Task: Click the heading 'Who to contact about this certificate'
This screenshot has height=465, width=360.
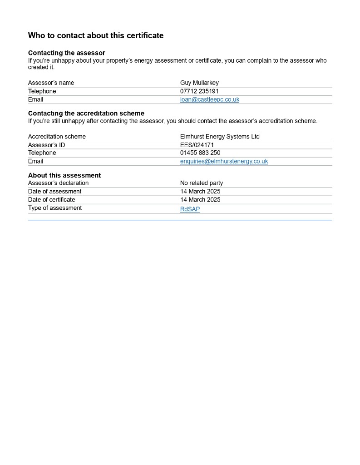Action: point(95,35)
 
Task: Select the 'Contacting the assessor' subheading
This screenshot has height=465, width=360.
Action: point(67,53)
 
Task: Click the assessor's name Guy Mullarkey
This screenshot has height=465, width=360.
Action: point(199,83)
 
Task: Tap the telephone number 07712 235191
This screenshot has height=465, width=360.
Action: point(199,91)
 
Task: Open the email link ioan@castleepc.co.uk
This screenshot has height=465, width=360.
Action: point(209,99)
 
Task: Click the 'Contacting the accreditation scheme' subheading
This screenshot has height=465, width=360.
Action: point(86,113)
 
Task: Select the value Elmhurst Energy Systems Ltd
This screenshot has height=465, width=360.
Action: point(220,136)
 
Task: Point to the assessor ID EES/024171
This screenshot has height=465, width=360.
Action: point(197,145)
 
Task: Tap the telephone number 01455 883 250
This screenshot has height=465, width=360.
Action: point(200,153)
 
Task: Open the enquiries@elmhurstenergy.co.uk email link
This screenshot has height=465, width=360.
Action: point(224,161)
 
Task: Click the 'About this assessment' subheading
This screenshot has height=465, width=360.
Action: point(64,175)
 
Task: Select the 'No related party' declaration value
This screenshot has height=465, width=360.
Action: point(202,183)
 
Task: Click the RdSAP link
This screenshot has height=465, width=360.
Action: point(190,209)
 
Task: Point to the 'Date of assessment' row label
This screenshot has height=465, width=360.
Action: point(54,191)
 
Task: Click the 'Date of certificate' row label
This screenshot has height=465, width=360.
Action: point(51,199)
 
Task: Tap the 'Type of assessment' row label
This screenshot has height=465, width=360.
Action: point(55,208)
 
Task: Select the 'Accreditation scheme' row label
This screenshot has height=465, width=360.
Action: point(57,136)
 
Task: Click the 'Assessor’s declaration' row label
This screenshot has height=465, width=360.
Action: point(58,183)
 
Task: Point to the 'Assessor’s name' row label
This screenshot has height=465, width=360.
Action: point(51,83)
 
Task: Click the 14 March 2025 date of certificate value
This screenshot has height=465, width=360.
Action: point(200,199)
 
